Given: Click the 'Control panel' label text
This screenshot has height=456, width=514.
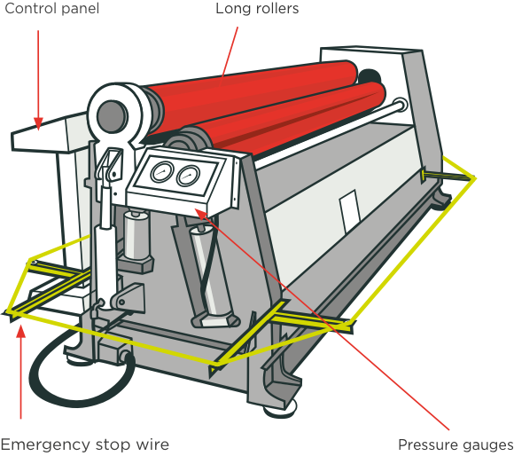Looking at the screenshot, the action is (51, 9).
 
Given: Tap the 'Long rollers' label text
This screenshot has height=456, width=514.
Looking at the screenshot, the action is (257, 9).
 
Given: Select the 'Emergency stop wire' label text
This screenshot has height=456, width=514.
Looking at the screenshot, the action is (85, 444).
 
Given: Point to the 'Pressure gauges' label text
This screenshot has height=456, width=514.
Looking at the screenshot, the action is (456, 444).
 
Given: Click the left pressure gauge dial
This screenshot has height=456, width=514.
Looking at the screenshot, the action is (161, 172).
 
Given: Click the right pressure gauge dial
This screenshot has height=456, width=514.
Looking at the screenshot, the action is (188, 177).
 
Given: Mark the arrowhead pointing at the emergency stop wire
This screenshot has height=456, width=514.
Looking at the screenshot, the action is (21, 331).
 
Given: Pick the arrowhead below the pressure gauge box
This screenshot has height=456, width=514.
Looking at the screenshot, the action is (200, 213).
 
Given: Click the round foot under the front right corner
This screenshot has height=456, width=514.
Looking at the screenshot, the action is (281, 409).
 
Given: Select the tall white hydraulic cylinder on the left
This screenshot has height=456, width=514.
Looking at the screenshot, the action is (105, 249).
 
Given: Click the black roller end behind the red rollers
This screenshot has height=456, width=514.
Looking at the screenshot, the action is (370, 76).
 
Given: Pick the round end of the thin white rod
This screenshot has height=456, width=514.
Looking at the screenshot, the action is (400, 105).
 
